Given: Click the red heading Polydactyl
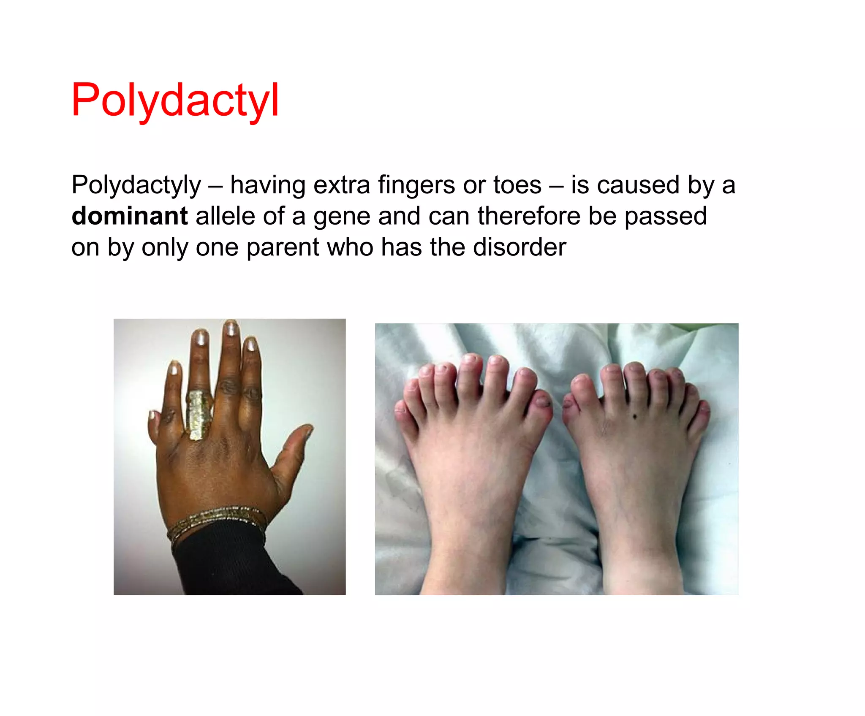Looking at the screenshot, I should pyautogui.click(x=175, y=100).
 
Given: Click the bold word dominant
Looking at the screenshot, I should pyautogui.click(x=129, y=216).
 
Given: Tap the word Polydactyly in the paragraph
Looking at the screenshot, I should pyautogui.click(x=136, y=186).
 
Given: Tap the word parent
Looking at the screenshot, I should pyautogui.click(x=283, y=248).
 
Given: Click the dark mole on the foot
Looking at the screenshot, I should pyautogui.click(x=635, y=417).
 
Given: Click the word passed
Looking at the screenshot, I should pyautogui.click(x=665, y=216).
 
